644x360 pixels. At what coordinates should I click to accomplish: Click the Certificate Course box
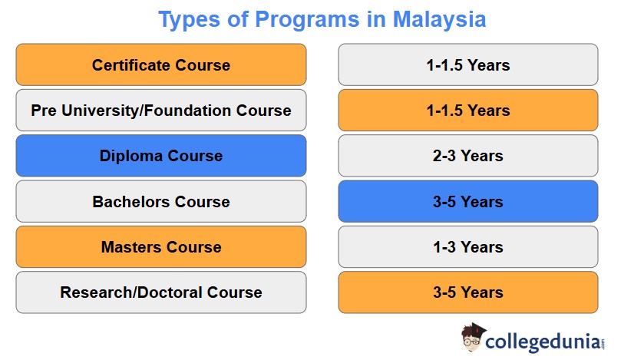(160, 64)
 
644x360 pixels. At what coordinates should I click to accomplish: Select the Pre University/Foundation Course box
(160, 110)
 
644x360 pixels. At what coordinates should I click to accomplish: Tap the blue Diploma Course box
(160, 156)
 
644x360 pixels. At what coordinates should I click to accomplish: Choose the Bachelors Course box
(160, 202)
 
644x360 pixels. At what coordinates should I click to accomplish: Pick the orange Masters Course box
(160, 247)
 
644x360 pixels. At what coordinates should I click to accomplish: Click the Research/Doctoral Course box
(160, 292)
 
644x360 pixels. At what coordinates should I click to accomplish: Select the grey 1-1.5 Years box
(467, 64)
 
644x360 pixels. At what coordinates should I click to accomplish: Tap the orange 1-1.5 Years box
(467, 110)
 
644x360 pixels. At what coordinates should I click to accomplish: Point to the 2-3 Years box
(467, 156)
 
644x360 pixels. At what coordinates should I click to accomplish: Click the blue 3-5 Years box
(467, 202)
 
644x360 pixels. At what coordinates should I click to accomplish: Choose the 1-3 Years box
(467, 247)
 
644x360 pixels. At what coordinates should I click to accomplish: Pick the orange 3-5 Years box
(467, 292)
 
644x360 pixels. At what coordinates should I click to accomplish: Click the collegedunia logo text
(546, 340)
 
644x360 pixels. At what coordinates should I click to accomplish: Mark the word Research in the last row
(93, 292)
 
